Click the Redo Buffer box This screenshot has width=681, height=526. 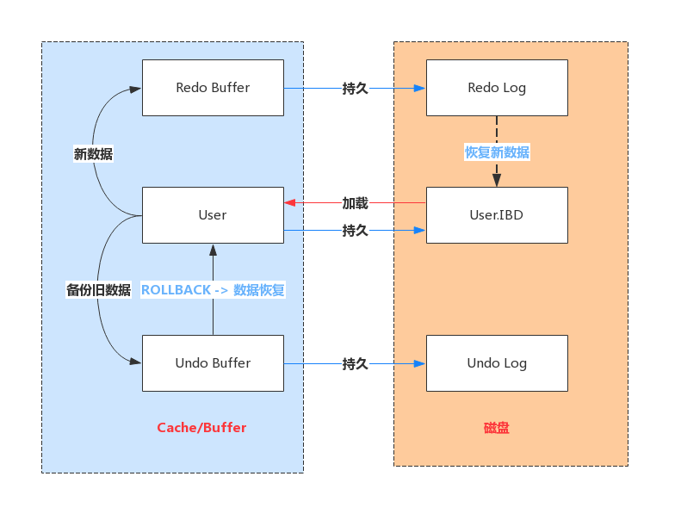point(213,88)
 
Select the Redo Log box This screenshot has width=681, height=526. point(497,88)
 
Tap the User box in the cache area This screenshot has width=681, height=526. point(213,215)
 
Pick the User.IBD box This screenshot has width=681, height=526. point(497,215)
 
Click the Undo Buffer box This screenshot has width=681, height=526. point(213,363)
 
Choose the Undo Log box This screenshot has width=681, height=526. point(497,363)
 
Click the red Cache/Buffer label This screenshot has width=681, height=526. point(201,428)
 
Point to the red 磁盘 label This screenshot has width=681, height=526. point(496,428)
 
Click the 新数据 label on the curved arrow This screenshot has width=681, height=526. point(93,155)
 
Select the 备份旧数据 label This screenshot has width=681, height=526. point(98,290)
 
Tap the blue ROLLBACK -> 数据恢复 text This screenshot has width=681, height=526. point(213,290)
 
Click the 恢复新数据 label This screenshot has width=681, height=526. point(497,152)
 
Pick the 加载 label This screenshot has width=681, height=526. point(355,203)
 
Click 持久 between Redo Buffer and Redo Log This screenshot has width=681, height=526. point(355,88)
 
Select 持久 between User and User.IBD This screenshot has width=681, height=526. point(355,231)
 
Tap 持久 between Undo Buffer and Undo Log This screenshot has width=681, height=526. point(355,364)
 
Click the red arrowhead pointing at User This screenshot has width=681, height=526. point(290,203)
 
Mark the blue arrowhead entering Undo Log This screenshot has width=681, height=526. point(420,364)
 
